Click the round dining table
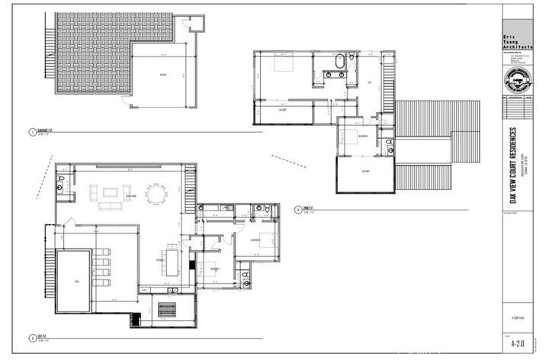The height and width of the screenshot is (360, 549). coord(156,196)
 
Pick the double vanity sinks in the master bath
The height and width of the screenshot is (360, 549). coord(334,75)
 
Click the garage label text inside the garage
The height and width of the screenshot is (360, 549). coord(162,75)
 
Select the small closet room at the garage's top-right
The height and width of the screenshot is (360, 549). coord(197,26)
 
